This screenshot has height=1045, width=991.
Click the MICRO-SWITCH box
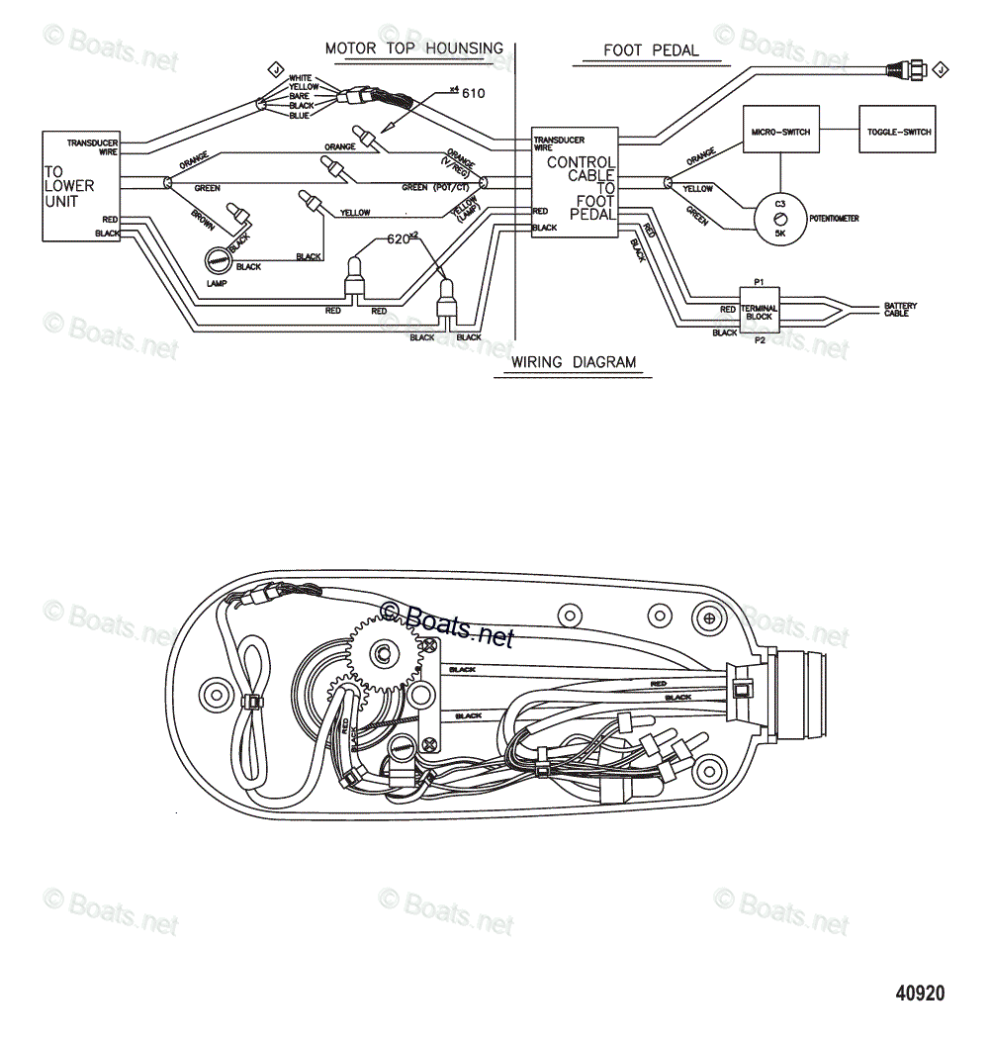780,132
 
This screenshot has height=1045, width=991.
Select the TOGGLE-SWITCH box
898,132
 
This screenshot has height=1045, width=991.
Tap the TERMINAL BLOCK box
760,309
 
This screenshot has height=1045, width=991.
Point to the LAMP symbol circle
219,260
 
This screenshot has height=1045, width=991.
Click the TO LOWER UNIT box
80,185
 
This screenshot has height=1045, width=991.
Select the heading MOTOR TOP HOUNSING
414,47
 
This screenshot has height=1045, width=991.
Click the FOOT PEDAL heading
651,50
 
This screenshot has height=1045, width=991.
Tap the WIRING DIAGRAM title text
574,362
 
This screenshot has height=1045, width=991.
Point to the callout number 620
398,239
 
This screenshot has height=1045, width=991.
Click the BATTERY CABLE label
900,310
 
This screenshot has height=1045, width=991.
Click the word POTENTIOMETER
833,218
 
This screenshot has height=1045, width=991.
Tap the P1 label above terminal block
760,281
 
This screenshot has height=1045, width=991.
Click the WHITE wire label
301,78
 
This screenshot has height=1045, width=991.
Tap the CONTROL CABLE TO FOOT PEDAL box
575,181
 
